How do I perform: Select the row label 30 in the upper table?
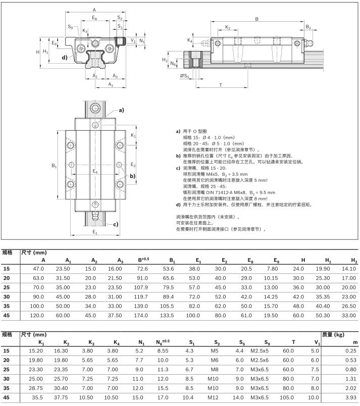7,297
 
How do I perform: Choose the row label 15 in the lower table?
7,350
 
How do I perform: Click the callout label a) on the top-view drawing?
121,110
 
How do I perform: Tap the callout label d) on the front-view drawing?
65,57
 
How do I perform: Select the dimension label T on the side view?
221,85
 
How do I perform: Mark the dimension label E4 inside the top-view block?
95,172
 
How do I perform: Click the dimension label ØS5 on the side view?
185,76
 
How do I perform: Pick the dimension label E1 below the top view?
95,232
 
